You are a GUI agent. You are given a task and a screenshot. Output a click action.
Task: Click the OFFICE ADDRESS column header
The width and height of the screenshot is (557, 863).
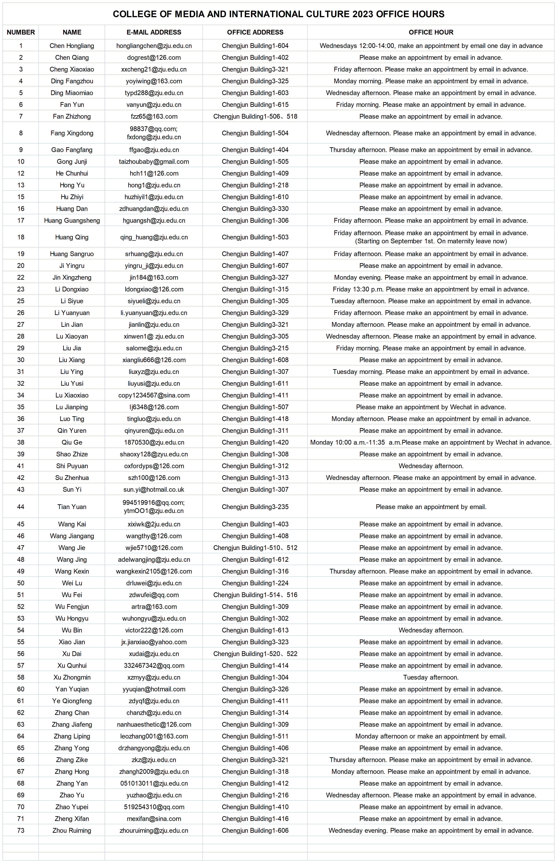tap(255, 32)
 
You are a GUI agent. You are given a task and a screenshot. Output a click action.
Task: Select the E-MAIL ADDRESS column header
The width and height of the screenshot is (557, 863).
tap(154, 32)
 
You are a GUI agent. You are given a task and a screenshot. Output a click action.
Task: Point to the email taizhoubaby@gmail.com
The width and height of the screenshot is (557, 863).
tap(154, 162)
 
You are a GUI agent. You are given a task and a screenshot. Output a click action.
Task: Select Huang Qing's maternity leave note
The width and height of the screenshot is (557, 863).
tap(431, 241)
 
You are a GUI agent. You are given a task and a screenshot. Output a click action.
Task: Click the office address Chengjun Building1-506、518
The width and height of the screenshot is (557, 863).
tap(255, 116)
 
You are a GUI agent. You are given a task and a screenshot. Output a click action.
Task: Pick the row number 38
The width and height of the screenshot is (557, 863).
tap(21, 442)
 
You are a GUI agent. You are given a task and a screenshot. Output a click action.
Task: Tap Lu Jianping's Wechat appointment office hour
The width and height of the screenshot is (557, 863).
tap(431, 407)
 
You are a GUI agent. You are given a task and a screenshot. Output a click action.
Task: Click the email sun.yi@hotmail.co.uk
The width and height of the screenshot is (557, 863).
tap(154, 489)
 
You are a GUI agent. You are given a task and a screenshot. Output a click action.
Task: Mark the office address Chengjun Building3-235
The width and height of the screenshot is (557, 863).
tap(255, 507)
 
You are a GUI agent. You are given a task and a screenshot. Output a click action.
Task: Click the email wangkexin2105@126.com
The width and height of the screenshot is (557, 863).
tap(154, 571)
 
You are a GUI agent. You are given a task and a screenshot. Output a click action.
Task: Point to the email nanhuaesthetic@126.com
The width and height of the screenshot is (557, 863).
tap(154, 724)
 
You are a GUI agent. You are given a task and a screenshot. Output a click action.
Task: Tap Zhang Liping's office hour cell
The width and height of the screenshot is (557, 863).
tap(431, 736)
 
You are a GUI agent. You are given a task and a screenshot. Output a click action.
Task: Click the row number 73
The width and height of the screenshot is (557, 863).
tap(21, 830)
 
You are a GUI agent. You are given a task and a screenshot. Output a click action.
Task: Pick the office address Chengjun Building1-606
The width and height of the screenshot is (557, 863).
tap(255, 830)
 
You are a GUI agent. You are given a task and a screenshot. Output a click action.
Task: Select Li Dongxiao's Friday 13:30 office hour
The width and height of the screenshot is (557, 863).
tap(431, 289)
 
